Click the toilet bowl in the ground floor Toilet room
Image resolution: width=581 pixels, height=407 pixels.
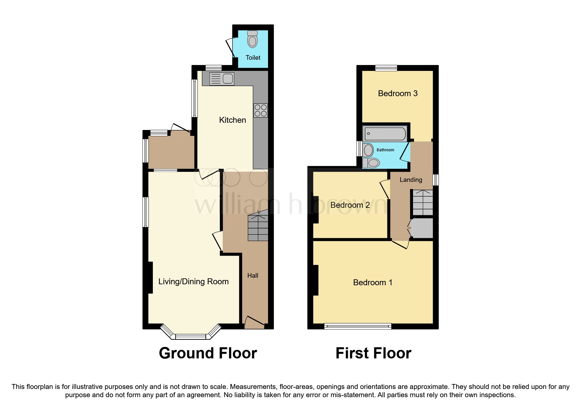[x=252, y=39]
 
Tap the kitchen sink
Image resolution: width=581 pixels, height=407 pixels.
[x=222, y=79]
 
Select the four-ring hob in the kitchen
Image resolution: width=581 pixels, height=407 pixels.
[x=260, y=111]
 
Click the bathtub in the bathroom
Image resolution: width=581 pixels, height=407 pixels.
[x=385, y=134]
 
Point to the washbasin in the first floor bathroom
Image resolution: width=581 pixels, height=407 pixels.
[x=368, y=150]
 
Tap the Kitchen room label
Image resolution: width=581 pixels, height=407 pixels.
[x=233, y=120]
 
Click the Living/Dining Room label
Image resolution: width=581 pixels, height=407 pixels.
[x=194, y=282]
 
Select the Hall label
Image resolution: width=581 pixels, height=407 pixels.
[x=253, y=276]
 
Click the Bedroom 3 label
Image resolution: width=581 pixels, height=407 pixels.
[x=398, y=94]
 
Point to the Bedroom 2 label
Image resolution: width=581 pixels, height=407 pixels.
[x=350, y=205]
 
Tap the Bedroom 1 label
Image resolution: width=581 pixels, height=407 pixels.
[x=373, y=283]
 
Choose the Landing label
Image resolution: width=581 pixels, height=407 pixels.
[x=411, y=180]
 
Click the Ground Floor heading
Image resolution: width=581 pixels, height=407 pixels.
[x=208, y=353]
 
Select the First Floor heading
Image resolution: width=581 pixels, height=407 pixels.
[x=373, y=353]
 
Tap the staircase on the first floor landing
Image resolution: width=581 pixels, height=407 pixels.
[x=423, y=203]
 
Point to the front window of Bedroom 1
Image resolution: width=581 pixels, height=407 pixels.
[x=358, y=326]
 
